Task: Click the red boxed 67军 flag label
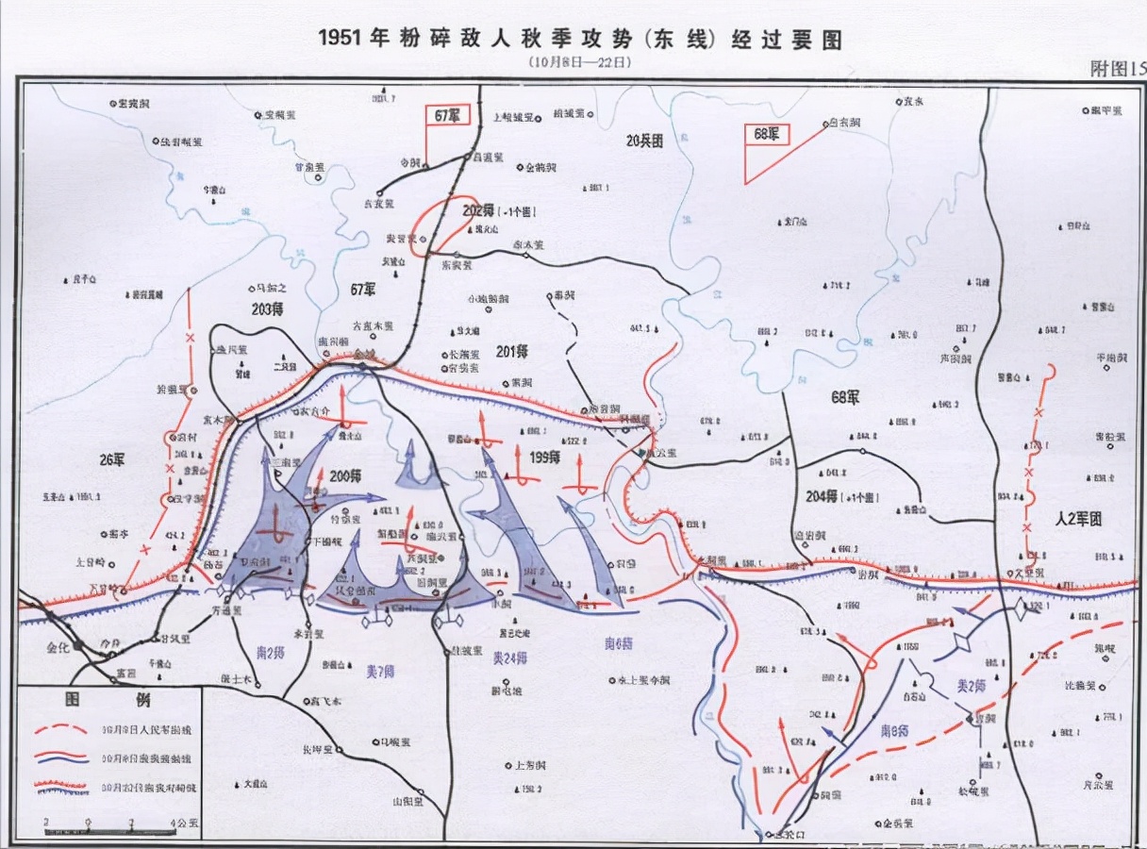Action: click(446, 115)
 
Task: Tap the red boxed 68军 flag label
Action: click(766, 135)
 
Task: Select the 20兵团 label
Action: click(645, 141)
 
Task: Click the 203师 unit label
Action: click(267, 309)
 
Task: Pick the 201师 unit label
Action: click(510, 351)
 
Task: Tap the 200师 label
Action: click(345, 477)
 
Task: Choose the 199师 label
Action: click(543, 457)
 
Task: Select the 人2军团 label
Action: click(1079, 519)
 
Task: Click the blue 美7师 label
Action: click(379, 672)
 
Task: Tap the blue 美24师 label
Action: click(510, 658)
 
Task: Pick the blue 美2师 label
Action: click(971, 686)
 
